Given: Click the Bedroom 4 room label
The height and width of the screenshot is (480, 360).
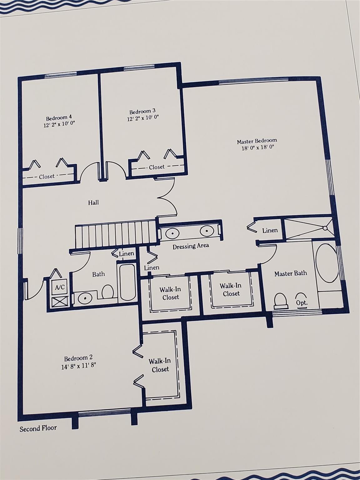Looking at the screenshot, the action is (x=59, y=118).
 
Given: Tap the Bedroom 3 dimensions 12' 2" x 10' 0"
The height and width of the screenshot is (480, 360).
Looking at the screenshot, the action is (x=143, y=118).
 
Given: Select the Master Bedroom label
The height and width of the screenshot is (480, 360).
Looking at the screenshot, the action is (x=257, y=141).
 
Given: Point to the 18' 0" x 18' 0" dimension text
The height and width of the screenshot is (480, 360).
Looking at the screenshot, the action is (x=258, y=147).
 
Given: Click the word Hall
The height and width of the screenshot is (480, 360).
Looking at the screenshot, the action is (x=93, y=202).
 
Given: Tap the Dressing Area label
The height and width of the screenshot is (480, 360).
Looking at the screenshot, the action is (x=191, y=246).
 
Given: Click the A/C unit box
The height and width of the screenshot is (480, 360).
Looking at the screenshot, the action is (x=60, y=287).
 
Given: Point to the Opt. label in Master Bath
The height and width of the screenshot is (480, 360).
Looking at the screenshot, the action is (x=302, y=303).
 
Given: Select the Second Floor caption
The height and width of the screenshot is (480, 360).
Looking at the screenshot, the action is (x=38, y=428).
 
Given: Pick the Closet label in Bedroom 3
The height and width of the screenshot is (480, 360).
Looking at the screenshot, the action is (x=157, y=167).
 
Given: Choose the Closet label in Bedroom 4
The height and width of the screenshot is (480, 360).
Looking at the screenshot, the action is (x=47, y=177).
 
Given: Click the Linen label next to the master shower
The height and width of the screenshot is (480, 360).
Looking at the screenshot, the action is (x=270, y=230).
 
